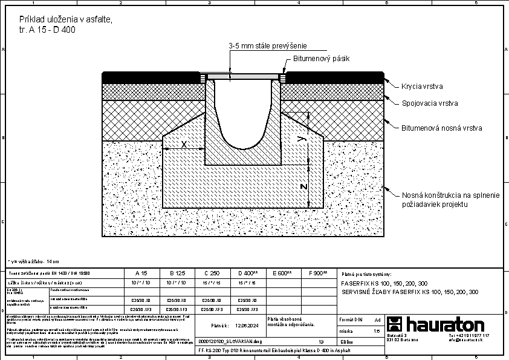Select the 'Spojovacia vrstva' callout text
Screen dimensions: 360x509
[x=430, y=103]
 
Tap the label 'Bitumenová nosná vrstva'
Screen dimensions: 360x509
[x=441, y=128]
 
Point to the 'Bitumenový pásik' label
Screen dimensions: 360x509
[x=321, y=59]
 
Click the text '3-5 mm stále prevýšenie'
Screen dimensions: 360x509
[x=268, y=46]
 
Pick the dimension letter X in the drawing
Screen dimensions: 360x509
[x=184, y=145]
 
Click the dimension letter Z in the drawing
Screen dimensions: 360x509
[x=304, y=186]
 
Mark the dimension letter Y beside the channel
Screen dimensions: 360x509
[x=305, y=139]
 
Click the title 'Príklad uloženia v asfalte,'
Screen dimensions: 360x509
[x=66, y=20]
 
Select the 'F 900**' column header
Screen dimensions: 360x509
[x=318, y=273]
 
